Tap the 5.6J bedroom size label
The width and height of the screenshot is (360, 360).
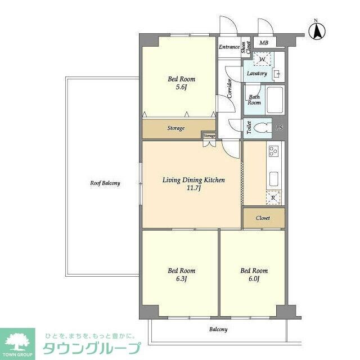[181, 87]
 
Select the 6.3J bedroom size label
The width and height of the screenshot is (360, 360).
[181, 278]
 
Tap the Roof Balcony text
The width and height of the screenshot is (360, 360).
[105, 183]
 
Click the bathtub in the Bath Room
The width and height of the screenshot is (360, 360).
[275, 101]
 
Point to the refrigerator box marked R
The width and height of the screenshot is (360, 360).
[273, 197]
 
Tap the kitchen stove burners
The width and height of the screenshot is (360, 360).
[273, 151]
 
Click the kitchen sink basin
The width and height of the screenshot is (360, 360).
[274, 178]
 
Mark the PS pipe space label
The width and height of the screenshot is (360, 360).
[279, 128]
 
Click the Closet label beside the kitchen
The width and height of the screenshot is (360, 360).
[263, 218]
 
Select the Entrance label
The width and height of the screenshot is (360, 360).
[229, 47]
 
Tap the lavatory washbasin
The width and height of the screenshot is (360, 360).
[277, 74]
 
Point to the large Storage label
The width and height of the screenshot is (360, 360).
[175, 128]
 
